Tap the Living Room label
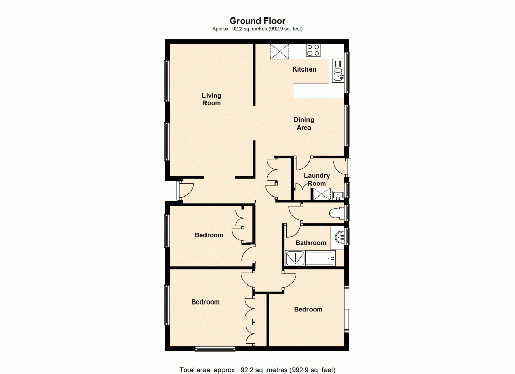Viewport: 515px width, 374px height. point(211,99)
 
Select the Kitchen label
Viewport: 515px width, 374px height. point(304,69)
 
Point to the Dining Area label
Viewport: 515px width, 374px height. point(304,123)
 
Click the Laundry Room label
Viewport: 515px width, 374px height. point(317,180)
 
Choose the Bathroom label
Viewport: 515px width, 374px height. point(311,243)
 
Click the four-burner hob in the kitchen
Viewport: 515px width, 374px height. point(313,50)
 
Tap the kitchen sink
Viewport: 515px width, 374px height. point(338,71)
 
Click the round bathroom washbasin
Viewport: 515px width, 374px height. point(339,238)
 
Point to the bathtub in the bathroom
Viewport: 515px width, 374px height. point(320,258)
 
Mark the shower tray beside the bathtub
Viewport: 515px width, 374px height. point(295,258)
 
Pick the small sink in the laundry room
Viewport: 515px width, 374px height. point(337,195)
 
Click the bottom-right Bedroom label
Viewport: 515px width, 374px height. point(308,309)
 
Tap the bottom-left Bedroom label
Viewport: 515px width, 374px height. point(205,302)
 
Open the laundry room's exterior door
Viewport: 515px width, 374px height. point(341,166)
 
